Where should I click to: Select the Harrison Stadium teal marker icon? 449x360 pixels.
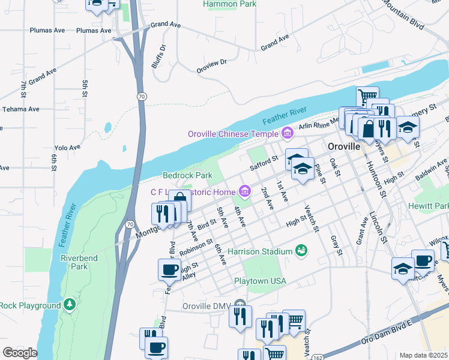[301, 250]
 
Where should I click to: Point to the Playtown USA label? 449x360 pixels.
[260, 281]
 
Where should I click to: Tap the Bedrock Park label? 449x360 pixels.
[188, 175]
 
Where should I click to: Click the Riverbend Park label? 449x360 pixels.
[74, 262]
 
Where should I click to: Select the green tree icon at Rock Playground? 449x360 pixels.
[70, 305]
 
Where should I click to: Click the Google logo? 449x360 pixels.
[19, 352]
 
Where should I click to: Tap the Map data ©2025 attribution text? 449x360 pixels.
[423, 355]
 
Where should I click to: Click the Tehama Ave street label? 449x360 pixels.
[20, 109]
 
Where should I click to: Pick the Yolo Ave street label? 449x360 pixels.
[67, 147]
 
